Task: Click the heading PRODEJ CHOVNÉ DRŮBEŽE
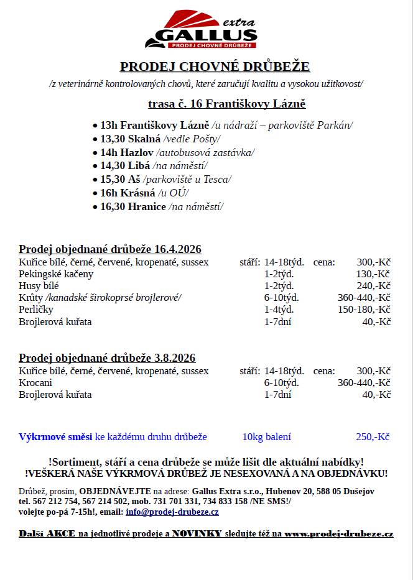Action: click(215, 67)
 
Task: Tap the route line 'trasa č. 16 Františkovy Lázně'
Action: click(226, 104)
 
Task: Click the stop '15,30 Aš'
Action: click(120, 179)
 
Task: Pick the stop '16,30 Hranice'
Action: click(133, 206)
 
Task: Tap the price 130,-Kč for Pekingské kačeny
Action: click(373, 274)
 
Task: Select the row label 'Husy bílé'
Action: click(39, 286)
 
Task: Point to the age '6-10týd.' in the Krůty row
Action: click(281, 298)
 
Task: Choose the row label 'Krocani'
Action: click(37, 383)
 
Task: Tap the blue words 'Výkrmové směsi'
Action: click(55, 437)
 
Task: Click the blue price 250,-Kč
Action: click(373, 437)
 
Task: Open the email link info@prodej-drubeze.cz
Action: click(172, 512)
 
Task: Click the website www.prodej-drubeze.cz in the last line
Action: click(339, 534)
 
